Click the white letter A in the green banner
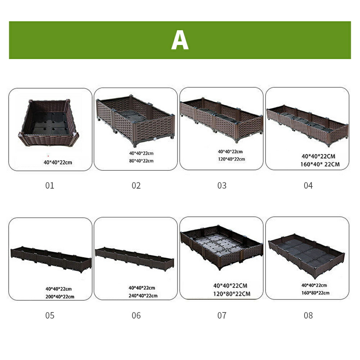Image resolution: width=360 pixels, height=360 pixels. coord(180,40)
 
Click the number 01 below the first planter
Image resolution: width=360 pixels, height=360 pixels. coord(50,185)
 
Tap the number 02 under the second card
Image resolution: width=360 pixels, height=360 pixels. coord(136,185)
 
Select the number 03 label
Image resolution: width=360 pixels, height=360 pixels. coord(222,185)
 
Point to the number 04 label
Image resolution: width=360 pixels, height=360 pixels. coord(308,185)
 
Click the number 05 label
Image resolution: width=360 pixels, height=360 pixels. coord(50,315)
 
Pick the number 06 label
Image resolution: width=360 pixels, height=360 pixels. coord(136,315)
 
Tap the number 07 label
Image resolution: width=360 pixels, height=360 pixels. coord(222,315)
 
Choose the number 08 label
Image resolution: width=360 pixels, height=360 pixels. coord(308,315)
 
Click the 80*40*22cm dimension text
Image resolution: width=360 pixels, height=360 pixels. coord(141,161)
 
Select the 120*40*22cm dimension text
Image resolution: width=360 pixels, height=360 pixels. coord(231,159)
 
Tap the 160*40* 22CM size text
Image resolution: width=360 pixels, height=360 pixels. coord(320,165)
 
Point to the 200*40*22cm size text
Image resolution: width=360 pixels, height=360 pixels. coord(60,297)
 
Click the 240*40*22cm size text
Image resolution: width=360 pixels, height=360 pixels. coord(143,296)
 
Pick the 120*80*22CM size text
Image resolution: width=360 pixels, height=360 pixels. coord(231,294)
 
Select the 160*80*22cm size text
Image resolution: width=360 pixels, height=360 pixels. coord(315,293)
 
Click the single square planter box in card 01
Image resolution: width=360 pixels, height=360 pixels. coord(49,123)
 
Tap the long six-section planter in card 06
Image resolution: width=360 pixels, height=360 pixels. coord(135,259)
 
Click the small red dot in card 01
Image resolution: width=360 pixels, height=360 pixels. coord(48,156)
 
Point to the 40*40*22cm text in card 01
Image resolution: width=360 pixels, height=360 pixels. coord(58,163)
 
